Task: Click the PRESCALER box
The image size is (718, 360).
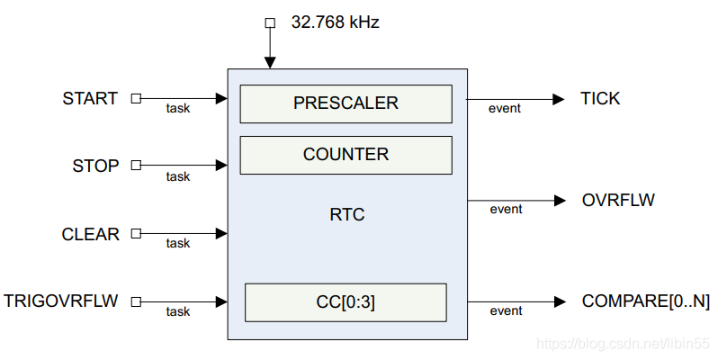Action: [346, 103]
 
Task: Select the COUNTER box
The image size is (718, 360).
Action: [346, 155]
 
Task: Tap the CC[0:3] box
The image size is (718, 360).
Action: [346, 302]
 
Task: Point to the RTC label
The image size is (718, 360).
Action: [347, 215]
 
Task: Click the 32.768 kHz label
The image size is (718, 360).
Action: [335, 22]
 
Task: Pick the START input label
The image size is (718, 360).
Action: [90, 98]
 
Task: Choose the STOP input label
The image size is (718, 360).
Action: [95, 166]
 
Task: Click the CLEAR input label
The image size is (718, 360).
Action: [90, 234]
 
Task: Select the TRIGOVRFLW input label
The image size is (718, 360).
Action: [61, 301]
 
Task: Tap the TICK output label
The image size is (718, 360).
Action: [600, 98]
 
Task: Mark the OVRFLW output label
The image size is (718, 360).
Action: [618, 200]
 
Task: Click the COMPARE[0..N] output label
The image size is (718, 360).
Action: [646, 301]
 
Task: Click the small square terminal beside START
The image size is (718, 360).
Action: [136, 98]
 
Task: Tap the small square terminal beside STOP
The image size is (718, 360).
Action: [136, 166]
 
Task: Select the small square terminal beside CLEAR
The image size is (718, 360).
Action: [136, 234]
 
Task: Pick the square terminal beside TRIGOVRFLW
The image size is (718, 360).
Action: [136, 301]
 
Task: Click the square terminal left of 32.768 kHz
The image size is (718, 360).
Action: [269, 22]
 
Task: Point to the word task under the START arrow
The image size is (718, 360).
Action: [178, 109]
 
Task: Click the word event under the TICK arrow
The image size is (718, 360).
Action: [505, 109]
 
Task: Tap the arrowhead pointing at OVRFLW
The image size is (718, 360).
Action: [560, 200]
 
